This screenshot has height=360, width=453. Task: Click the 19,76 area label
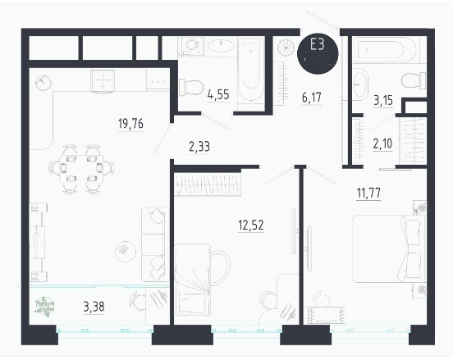[x=130, y=124]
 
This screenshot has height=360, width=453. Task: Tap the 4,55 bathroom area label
[x=218, y=94]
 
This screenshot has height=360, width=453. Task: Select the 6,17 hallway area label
[x=312, y=98]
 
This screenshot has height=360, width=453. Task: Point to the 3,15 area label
[x=383, y=100]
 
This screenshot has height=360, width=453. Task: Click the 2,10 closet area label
[x=382, y=144]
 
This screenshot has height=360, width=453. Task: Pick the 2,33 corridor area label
[x=199, y=147]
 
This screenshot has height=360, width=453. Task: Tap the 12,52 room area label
[x=251, y=225]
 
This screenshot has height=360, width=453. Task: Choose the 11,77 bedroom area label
[x=368, y=193]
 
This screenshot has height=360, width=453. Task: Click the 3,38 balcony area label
[x=94, y=307]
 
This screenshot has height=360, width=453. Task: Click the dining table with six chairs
[x=82, y=169]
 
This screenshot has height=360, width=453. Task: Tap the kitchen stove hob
[x=103, y=81]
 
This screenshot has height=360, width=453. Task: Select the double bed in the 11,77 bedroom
[x=388, y=248]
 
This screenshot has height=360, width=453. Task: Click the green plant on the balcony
[x=44, y=307]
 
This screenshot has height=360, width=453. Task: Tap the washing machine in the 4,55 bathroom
[x=192, y=46]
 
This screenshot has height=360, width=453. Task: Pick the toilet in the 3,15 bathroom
[x=414, y=81]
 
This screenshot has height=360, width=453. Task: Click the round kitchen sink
[x=43, y=83]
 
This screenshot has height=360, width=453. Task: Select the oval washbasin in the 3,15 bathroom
[x=360, y=84]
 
